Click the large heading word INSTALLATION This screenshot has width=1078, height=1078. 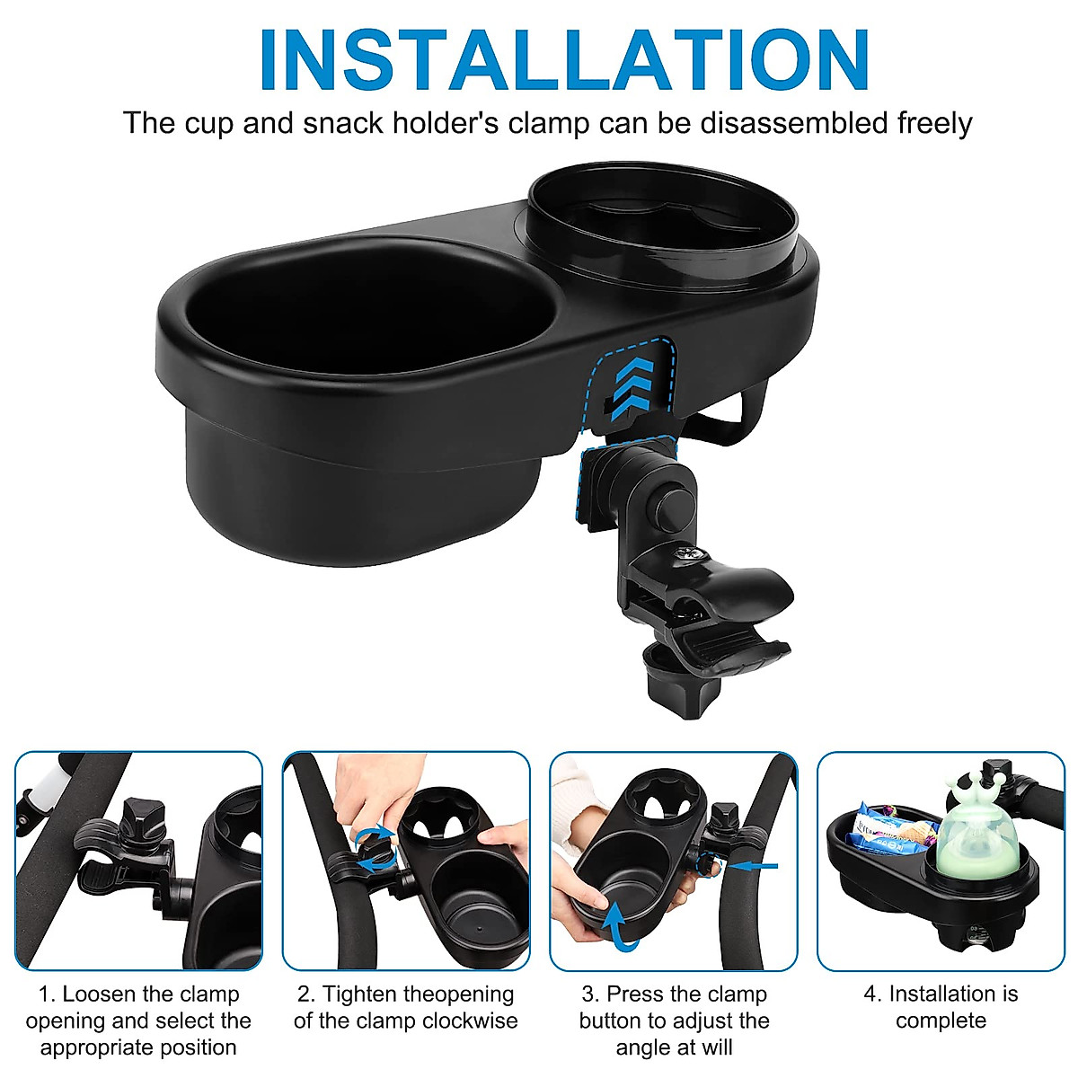[564, 60]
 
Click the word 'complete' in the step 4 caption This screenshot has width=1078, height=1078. [941, 1021]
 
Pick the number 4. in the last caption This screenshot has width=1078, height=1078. [872, 994]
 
